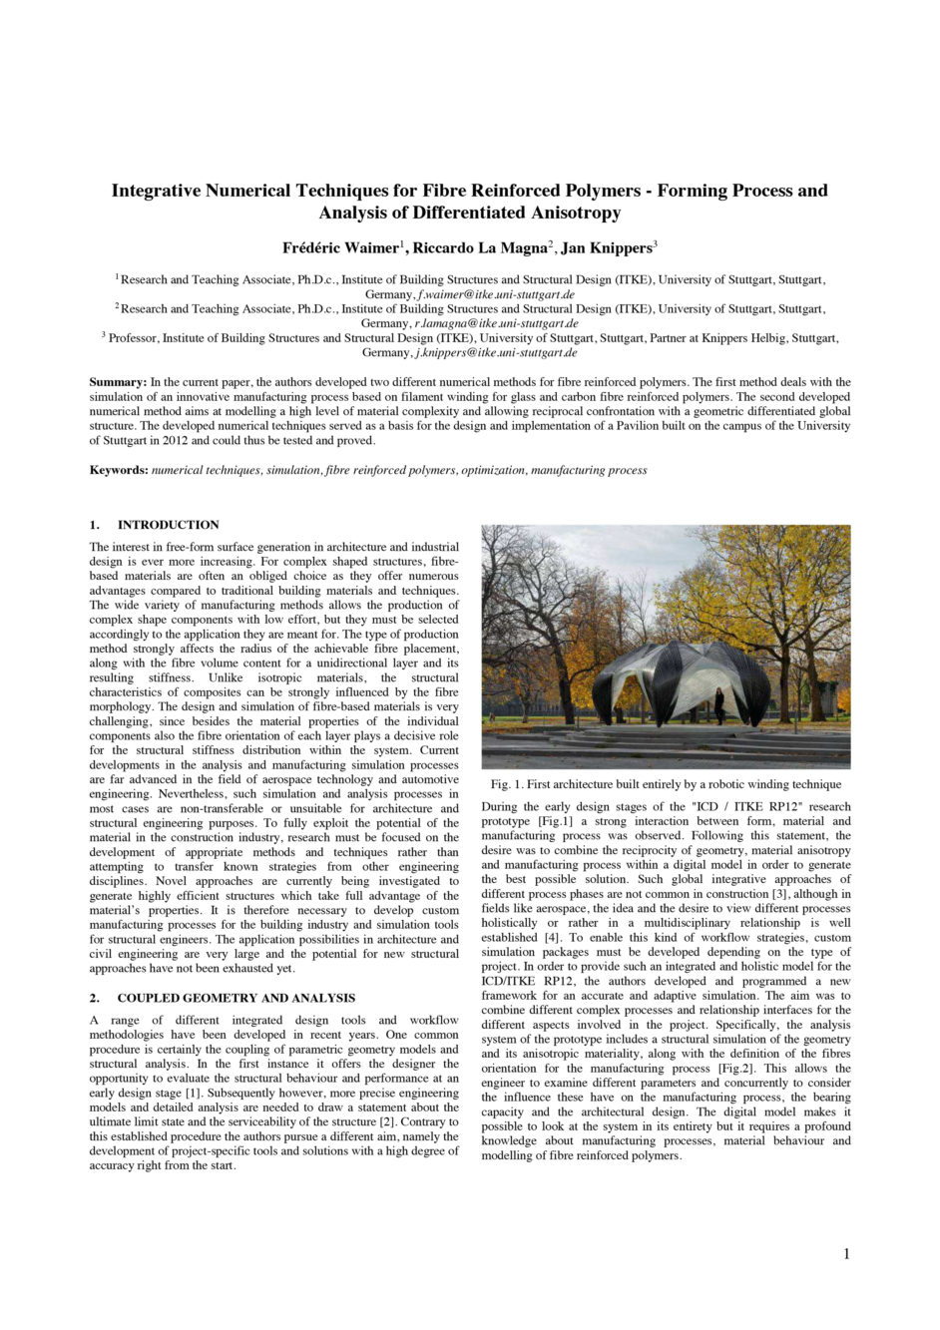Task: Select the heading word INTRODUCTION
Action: [x=168, y=525]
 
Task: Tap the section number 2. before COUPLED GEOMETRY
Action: [x=95, y=998]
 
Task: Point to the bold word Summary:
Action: [x=119, y=382]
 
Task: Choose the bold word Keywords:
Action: [x=119, y=470]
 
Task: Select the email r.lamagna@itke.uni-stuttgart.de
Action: [x=496, y=323]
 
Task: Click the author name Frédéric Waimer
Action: [x=340, y=247]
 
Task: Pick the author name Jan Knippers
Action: [x=605, y=247]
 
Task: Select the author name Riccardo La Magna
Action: [x=480, y=247]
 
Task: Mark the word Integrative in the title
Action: [x=156, y=190]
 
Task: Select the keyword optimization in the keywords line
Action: [x=493, y=470]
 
